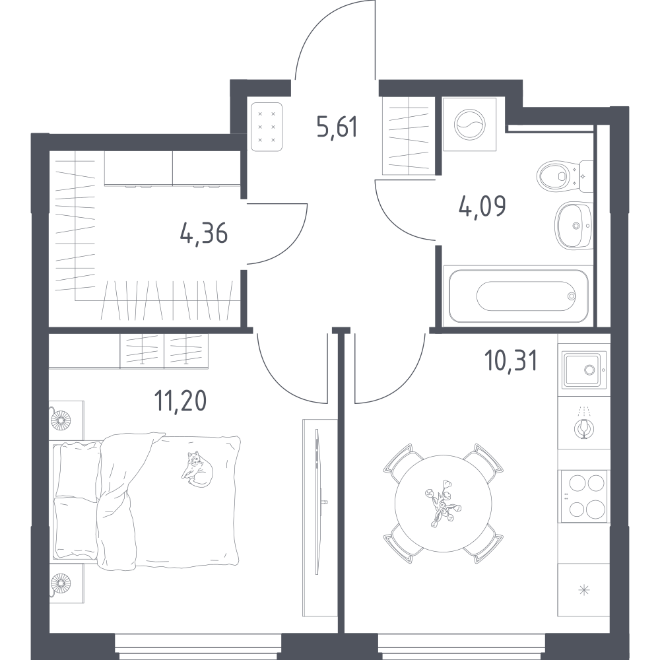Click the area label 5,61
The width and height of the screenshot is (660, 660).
[337, 127]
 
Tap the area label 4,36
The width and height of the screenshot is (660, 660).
[204, 233]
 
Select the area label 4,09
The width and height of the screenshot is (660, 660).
[482, 206]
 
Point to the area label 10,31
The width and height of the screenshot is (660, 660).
[511, 361]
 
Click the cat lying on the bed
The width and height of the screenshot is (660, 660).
[197, 469]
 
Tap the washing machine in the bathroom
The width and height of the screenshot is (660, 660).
[470, 125]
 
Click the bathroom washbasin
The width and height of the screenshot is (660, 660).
[574, 226]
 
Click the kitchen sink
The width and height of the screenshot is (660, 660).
[584, 370]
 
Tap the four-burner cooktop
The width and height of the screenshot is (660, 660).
[583, 496]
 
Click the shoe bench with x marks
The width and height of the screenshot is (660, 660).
[267, 127]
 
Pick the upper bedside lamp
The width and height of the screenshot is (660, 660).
[60, 420]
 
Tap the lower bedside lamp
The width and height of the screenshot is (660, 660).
[60, 583]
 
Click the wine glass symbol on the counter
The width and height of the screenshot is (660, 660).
[583, 428]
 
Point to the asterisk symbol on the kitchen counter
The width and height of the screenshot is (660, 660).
[583, 591]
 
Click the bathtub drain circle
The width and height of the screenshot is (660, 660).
[571, 296]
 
